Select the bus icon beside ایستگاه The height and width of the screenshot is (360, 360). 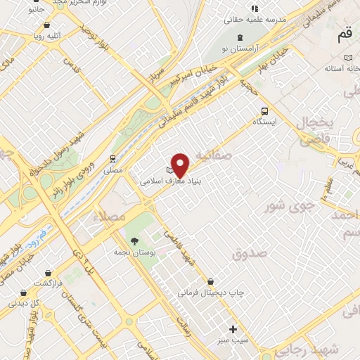264,110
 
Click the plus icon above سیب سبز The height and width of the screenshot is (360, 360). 233,328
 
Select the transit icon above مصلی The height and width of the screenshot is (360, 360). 112,158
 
